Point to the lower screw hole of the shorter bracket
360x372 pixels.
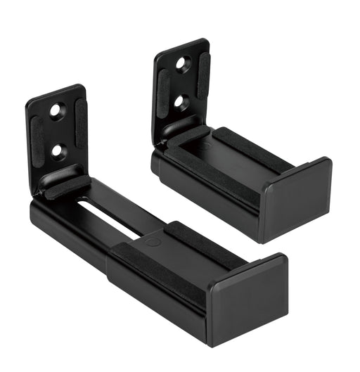pos(181,103)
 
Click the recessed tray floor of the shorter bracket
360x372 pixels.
pos(225,159)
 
